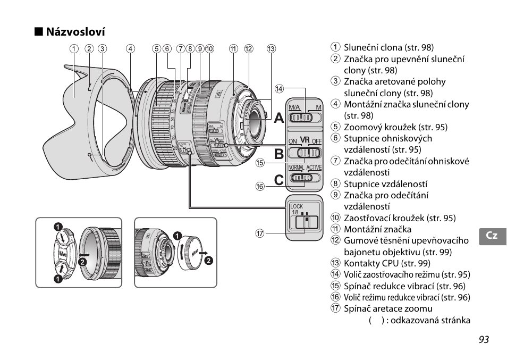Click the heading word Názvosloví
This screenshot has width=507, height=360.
point(75,32)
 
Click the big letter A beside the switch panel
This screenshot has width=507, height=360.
point(279,119)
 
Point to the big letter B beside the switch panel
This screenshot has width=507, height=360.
point(279,154)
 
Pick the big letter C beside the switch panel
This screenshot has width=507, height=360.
point(279,180)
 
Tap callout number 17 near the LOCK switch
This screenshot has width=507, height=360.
point(260,232)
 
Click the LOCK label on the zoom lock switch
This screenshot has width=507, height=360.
point(297,206)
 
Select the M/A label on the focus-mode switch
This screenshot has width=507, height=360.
point(294,108)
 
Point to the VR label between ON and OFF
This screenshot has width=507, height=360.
point(305,140)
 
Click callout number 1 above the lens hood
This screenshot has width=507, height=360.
point(75,49)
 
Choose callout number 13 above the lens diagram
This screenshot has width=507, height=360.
point(272,49)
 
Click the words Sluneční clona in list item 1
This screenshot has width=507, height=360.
point(373,47)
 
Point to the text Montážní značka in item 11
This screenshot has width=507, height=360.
point(377,229)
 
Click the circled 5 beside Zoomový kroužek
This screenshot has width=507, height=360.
point(335,127)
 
